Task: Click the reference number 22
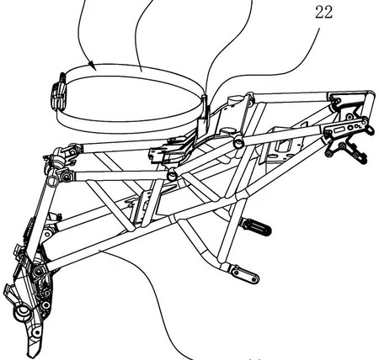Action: click(323, 13)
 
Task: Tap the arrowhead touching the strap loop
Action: click(92, 66)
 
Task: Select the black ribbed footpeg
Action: click(256, 227)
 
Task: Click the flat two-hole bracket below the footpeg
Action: click(243, 274)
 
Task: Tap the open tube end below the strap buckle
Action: click(52, 180)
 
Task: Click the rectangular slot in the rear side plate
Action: click(339, 130)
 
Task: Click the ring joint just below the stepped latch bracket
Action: click(172, 175)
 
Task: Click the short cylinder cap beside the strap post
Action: click(235, 99)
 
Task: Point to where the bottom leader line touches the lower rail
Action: click(102, 251)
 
